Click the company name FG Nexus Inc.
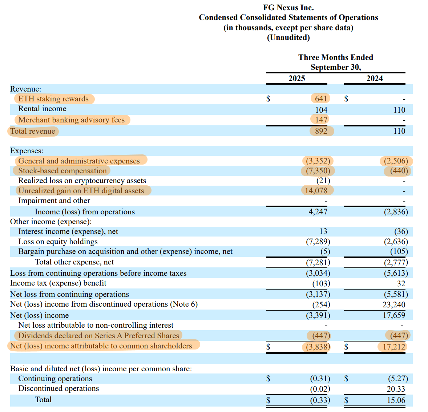point(288,8)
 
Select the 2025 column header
point(296,78)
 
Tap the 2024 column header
point(375,78)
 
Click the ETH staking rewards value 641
point(321,98)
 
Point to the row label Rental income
point(42,109)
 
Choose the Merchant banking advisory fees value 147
point(321,120)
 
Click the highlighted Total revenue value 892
point(321,131)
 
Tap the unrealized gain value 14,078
point(316,190)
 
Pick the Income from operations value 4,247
point(318,211)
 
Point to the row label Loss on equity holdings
point(58,242)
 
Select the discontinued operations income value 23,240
point(394,304)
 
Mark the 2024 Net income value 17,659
point(394,315)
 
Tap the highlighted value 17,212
point(394,347)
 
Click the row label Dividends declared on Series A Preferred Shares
point(98,336)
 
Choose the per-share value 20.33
point(396,389)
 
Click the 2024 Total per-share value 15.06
point(396,400)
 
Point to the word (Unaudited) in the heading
point(288,37)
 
